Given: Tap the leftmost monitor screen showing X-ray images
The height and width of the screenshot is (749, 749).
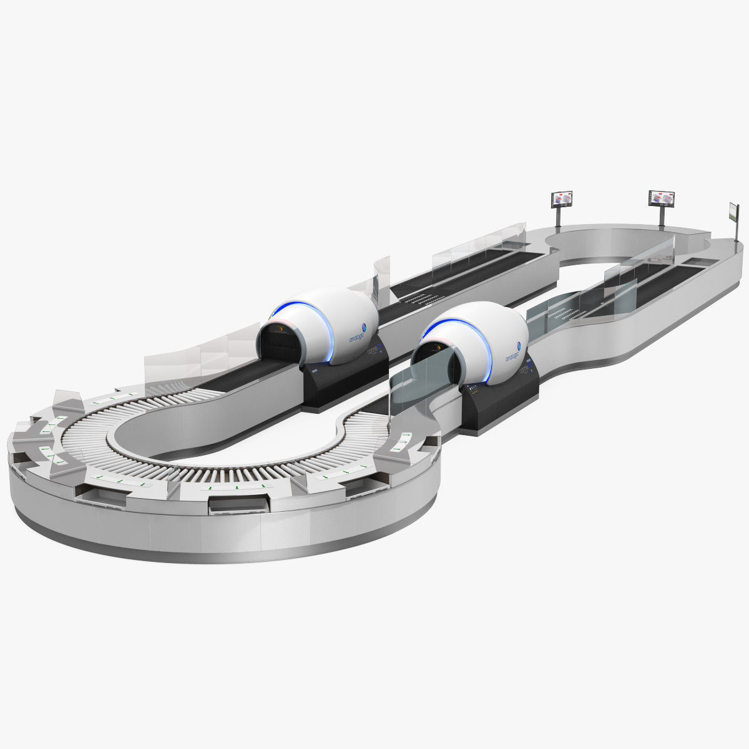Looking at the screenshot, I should tap(561, 199).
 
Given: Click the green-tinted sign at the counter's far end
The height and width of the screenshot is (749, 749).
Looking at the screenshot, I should tap(732, 212).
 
